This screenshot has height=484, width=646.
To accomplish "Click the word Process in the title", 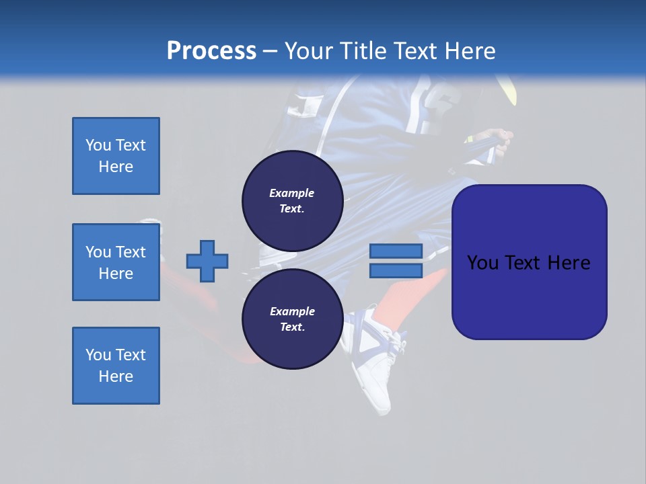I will (x=211, y=51).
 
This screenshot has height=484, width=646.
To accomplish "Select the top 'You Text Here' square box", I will (x=116, y=156).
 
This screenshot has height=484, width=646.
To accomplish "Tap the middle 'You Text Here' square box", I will (x=116, y=262).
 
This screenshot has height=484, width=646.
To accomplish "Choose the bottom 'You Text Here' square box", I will (x=116, y=366).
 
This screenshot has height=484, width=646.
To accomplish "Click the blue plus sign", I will (x=207, y=261).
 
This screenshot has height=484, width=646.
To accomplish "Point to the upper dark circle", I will (x=292, y=200).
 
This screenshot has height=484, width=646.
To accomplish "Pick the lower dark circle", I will (x=292, y=319).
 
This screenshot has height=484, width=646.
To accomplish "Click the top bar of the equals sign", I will (x=396, y=251).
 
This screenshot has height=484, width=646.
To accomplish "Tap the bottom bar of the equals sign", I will (x=396, y=271).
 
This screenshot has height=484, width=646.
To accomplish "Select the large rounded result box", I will (x=529, y=262).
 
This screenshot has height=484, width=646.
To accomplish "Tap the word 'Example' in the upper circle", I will (x=291, y=193).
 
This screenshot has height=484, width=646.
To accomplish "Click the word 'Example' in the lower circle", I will (x=291, y=311).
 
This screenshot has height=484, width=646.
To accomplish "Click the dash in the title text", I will (x=270, y=52).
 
